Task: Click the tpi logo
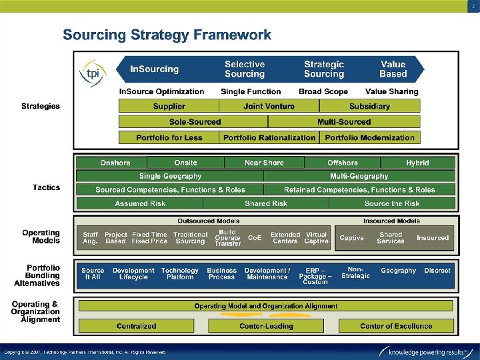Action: pos(93,72)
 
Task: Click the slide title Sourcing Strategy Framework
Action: pos(167,35)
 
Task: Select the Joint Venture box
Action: pos(269,106)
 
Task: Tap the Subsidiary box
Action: pos(369,106)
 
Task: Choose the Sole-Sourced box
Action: pos(195,122)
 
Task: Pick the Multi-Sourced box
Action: pos(343,122)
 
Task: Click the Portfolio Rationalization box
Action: pos(269,138)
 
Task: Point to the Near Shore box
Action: pos(264,163)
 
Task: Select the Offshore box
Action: pos(342,163)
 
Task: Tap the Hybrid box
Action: pos(417,163)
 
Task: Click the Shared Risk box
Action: pos(266,203)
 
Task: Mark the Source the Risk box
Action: pos(392,203)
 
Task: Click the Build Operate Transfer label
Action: pos(227,238)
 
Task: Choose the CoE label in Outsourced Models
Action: pos(254,238)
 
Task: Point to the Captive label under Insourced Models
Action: pos(351,238)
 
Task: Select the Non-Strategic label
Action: pos(355,273)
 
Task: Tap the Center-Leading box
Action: pos(266,326)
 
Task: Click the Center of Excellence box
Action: pos(396,326)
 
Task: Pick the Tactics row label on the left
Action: pos(46,187)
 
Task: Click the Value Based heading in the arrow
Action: pos(393,69)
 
